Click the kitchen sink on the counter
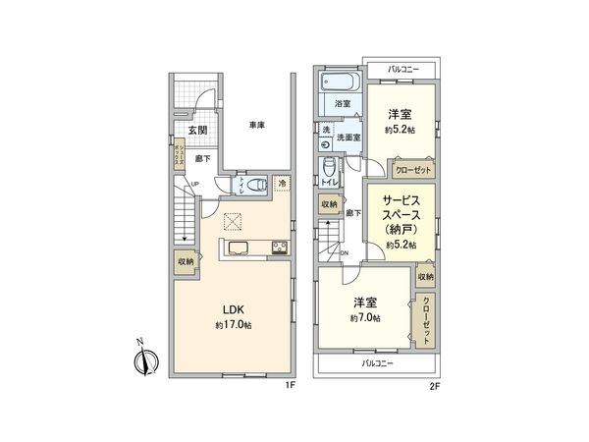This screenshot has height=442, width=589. click(241, 248)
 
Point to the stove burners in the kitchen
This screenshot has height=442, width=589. click(279, 247)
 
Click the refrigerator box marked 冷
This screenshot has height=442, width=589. click(281, 183)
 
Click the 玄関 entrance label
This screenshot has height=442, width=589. click(197, 130)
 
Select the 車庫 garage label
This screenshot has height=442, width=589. click(257, 125)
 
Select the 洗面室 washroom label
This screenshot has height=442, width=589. click(349, 138)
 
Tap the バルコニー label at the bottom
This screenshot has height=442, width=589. click(377, 363)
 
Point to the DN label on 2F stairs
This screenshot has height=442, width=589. click(343, 252)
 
